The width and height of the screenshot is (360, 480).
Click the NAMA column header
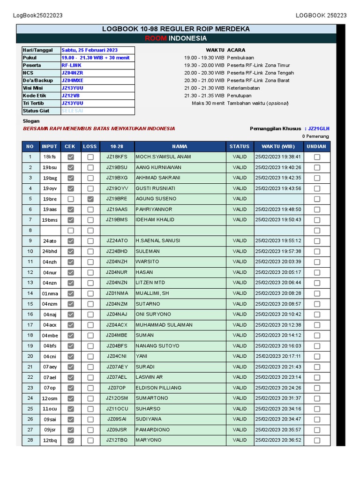click(x=180, y=146)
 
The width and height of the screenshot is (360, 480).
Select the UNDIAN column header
click(x=317, y=146)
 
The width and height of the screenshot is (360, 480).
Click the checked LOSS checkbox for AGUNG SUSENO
click(x=90, y=199)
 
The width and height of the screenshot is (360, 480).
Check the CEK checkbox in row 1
click(x=71, y=157)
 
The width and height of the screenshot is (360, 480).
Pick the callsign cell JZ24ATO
click(x=117, y=240)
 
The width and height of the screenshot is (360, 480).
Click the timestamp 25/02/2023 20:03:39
click(x=278, y=262)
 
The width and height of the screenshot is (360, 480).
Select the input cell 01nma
click(x=50, y=293)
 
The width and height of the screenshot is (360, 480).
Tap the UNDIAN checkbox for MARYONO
click(x=317, y=440)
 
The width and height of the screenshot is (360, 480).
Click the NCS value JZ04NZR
click(x=72, y=73)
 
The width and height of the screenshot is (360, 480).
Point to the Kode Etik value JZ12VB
click(x=70, y=96)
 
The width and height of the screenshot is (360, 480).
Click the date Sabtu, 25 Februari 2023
click(x=90, y=50)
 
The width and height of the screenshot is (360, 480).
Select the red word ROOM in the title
click(x=155, y=38)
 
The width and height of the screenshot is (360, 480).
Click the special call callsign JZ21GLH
click(x=319, y=128)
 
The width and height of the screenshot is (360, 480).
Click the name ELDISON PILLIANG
click(x=158, y=388)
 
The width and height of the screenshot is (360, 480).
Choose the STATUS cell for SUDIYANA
click(x=240, y=419)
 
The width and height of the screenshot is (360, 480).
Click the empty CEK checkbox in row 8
click(x=71, y=230)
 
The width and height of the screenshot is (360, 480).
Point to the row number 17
click(x=30, y=325)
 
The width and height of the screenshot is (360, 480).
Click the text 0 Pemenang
click(x=315, y=136)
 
